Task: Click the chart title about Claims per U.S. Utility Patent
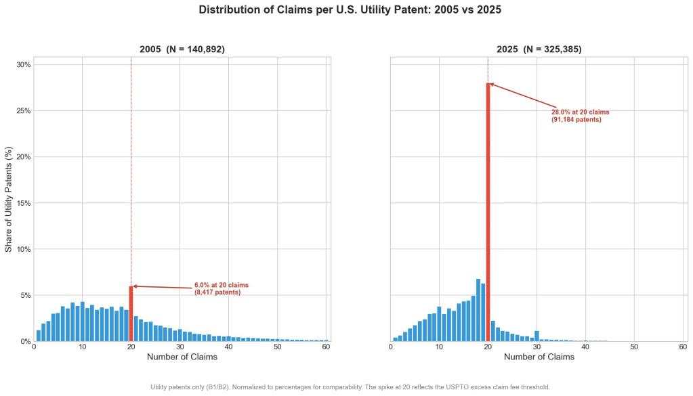350,10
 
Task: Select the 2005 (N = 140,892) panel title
182,49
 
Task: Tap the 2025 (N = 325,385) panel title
539,49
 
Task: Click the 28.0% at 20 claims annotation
580,116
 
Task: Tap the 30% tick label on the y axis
23,65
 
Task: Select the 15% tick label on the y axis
23,203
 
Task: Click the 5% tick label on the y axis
25,295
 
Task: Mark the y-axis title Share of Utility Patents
9,198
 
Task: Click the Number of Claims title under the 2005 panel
182,357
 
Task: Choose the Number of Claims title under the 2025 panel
539,357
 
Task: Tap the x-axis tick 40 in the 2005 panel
229,347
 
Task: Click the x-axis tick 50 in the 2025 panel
634,347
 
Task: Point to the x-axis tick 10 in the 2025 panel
439,347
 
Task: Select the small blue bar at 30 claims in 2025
537,336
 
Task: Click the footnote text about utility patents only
350,387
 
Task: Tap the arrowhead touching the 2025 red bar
491,84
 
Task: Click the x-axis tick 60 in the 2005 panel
326,347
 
